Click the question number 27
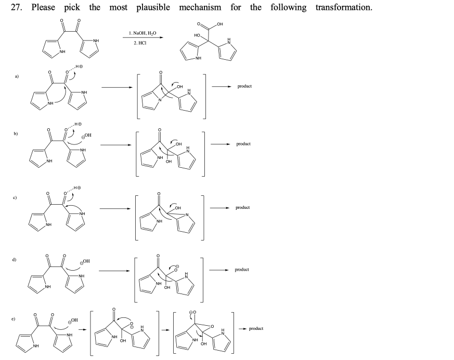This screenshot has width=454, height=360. (x=21, y=8)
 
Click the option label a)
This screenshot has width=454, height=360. (x=17, y=76)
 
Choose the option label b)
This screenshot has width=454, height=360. (x=17, y=134)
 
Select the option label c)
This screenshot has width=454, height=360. (x=17, y=197)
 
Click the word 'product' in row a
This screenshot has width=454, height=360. (x=244, y=86)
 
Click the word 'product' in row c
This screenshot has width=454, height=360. (x=242, y=207)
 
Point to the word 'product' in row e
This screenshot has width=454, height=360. (x=256, y=328)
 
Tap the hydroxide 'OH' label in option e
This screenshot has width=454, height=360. (x=74, y=319)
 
